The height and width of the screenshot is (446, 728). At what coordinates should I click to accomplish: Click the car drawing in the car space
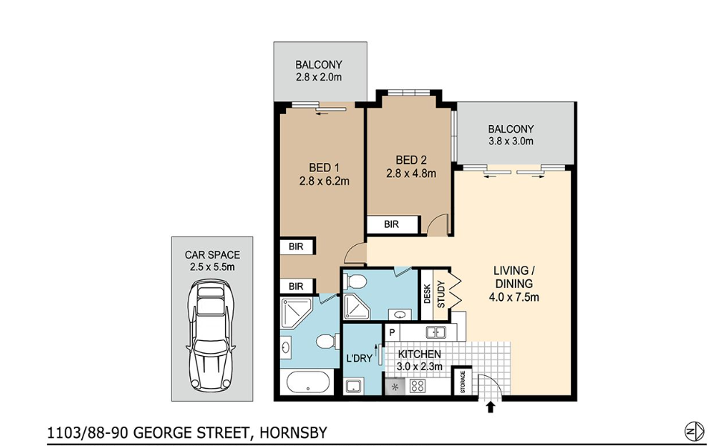click(x=211, y=335)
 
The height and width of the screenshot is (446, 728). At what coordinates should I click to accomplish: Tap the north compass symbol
click(x=694, y=431)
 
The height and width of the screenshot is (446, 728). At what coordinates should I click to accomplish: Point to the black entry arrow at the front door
click(x=490, y=407)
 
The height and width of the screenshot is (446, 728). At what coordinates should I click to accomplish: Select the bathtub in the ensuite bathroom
click(x=308, y=383)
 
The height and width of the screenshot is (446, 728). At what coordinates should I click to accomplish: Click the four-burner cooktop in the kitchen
click(x=417, y=386)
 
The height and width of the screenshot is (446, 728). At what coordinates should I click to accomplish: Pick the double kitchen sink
click(x=436, y=332)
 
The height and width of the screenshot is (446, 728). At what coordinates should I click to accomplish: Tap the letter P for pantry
click(x=393, y=332)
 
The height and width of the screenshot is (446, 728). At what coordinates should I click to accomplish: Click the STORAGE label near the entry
click(x=463, y=382)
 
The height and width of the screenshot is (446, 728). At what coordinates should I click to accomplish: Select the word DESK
click(x=427, y=294)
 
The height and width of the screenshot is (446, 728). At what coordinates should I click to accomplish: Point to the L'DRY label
click(x=359, y=358)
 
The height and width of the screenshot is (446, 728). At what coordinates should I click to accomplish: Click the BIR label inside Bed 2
click(x=391, y=224)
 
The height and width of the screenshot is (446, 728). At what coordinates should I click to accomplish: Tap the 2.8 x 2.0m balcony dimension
click(x=318, y=77)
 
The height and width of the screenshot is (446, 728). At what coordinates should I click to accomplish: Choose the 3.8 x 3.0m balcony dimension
click(x=510, y=141)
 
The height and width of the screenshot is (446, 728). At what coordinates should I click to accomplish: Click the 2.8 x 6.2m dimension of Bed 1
click(x=324, y=181)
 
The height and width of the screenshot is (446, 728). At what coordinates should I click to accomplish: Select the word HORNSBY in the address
click(x=294, y=433)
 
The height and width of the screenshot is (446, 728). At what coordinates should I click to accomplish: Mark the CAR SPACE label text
click(x=212, y=255)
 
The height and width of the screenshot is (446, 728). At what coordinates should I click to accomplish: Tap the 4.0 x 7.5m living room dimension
click(x=514, y=296)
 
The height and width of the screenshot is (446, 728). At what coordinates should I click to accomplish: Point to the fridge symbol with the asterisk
click(x=395, y=386)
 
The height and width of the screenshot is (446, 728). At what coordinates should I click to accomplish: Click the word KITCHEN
click(x=420, y=354)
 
